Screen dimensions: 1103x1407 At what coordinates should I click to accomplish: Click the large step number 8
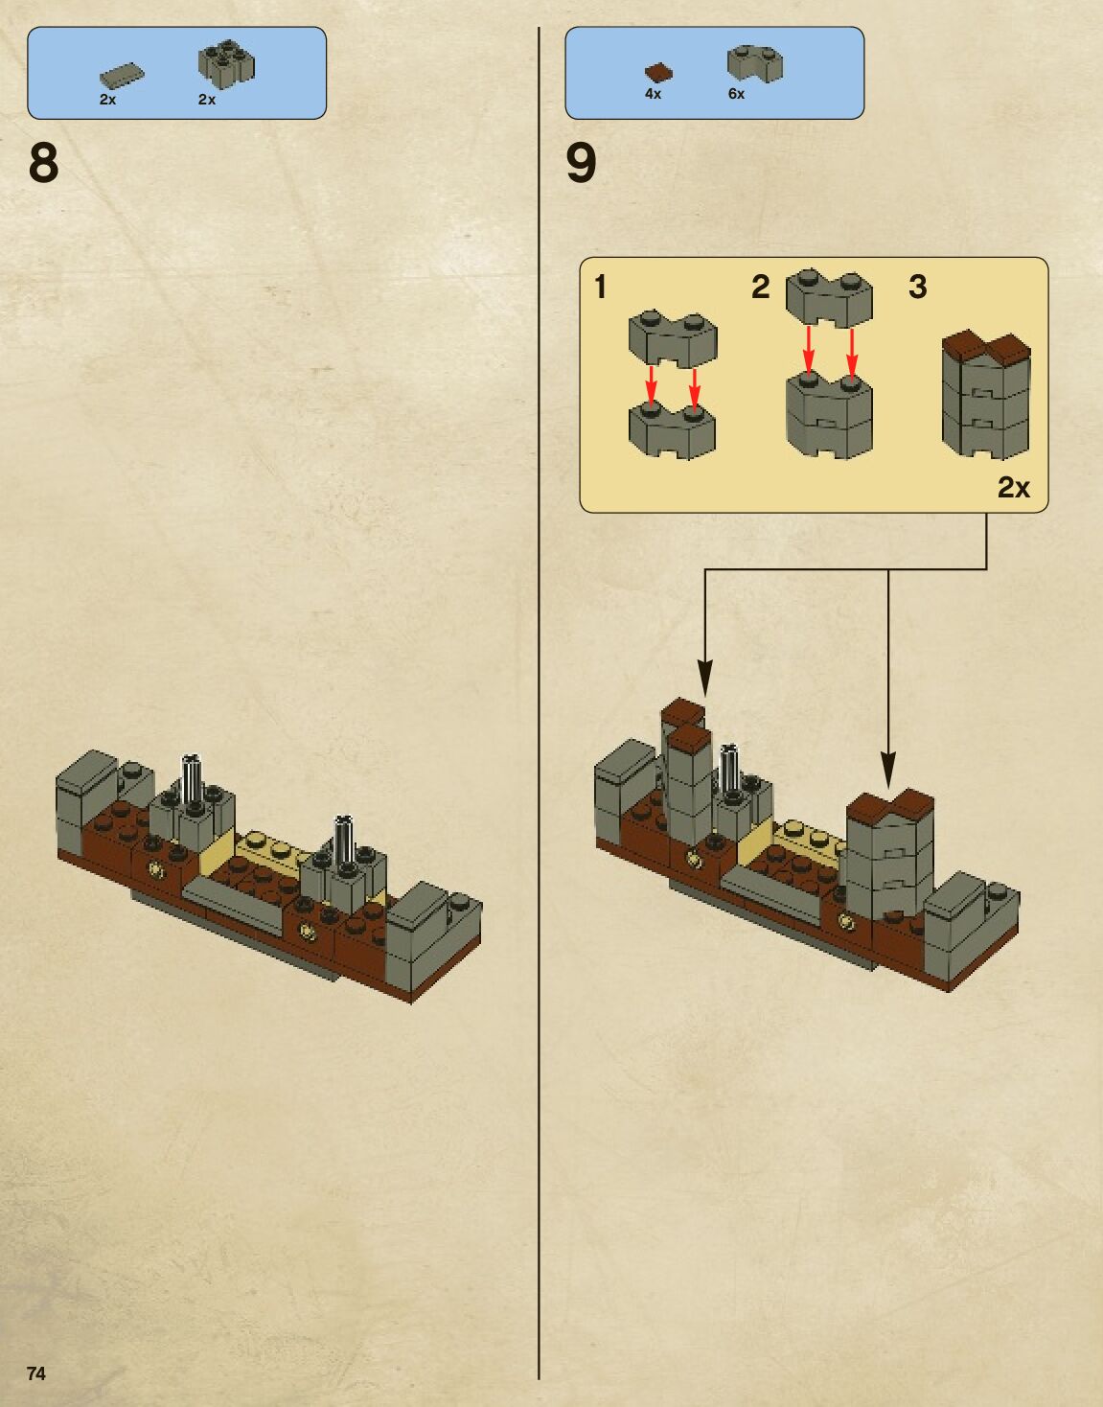click(x=44, y=163)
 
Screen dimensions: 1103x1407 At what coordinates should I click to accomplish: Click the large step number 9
click(x=581, y=163)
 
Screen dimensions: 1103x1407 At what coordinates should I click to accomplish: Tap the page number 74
click(x=36, y=1373)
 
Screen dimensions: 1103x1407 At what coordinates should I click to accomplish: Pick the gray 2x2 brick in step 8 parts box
click(x=226, y=63)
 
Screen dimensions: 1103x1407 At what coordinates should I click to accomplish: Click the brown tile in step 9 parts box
click(x=657, y=72)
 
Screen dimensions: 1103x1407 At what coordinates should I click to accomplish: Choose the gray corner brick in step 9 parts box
click(x=754, y=63)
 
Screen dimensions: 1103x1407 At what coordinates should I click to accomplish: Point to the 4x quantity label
click(x=653, y=94)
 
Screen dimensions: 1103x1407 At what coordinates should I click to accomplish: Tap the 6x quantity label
click(x=736, y=94)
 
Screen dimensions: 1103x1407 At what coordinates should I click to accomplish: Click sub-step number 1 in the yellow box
click(x=601, y=287)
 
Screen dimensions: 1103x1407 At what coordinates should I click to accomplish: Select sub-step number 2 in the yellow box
click(x=760, y=287)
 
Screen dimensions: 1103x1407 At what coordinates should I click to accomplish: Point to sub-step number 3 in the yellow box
click(x=917, y=287)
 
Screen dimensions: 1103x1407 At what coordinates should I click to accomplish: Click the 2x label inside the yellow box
click(x=1013, y=488)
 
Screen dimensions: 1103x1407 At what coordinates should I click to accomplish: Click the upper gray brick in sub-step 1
click(x=673, y=339)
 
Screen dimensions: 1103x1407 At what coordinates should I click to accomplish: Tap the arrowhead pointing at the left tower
click(x=705, y=677)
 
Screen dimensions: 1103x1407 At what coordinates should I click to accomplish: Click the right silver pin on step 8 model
click(x=343, y=839)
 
